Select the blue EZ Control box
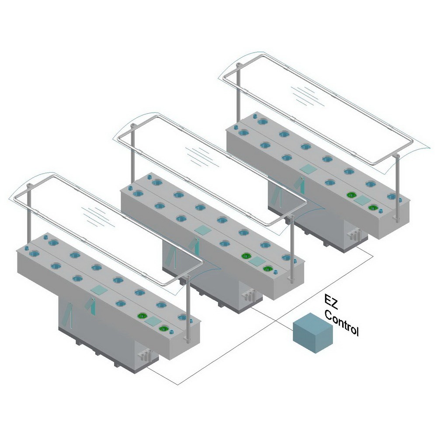(x=313, y=333)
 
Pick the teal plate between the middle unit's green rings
(x=257, y=261)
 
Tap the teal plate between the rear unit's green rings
(x=362, y=200)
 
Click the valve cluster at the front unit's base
(x=145, y=355)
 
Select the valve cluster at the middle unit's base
(x=249, y=295)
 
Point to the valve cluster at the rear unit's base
(x=354, y=233)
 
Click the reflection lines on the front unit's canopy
(x=98, y=217)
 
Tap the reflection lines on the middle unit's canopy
(x=202, y=156)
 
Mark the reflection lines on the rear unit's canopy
(x=307, y=96)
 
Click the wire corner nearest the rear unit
(x=373, y=256)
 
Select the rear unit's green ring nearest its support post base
(x=373, y=208)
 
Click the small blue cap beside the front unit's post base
(x=171, y=332)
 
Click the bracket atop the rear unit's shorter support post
(x=238, y=66)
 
